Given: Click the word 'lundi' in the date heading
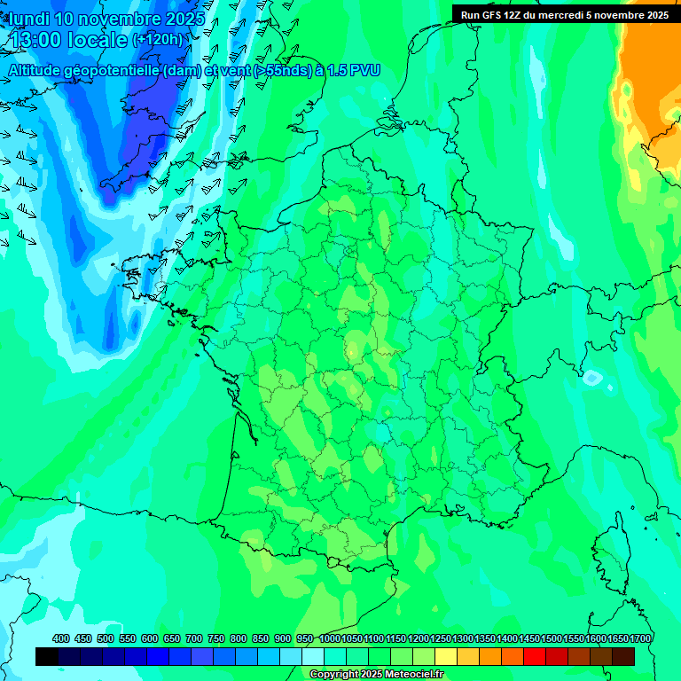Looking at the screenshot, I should (29, 19).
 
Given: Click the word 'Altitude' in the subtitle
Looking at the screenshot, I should (37, 70).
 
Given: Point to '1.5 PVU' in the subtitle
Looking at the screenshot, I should (354, 70).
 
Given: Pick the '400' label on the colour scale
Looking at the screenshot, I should (61, 639).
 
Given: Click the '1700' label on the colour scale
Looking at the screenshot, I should (640, 639).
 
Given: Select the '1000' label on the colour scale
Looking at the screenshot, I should (330, 639).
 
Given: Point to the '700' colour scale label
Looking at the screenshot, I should (195, 639).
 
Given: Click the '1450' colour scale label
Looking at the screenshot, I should (529, 639).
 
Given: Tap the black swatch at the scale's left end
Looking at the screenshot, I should (47, 656).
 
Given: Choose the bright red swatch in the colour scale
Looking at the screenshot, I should (535, 656).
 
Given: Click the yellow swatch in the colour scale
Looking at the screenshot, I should (446, 656).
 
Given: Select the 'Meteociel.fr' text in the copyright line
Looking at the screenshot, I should (412, 675).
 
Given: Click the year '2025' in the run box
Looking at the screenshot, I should (656, 14).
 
